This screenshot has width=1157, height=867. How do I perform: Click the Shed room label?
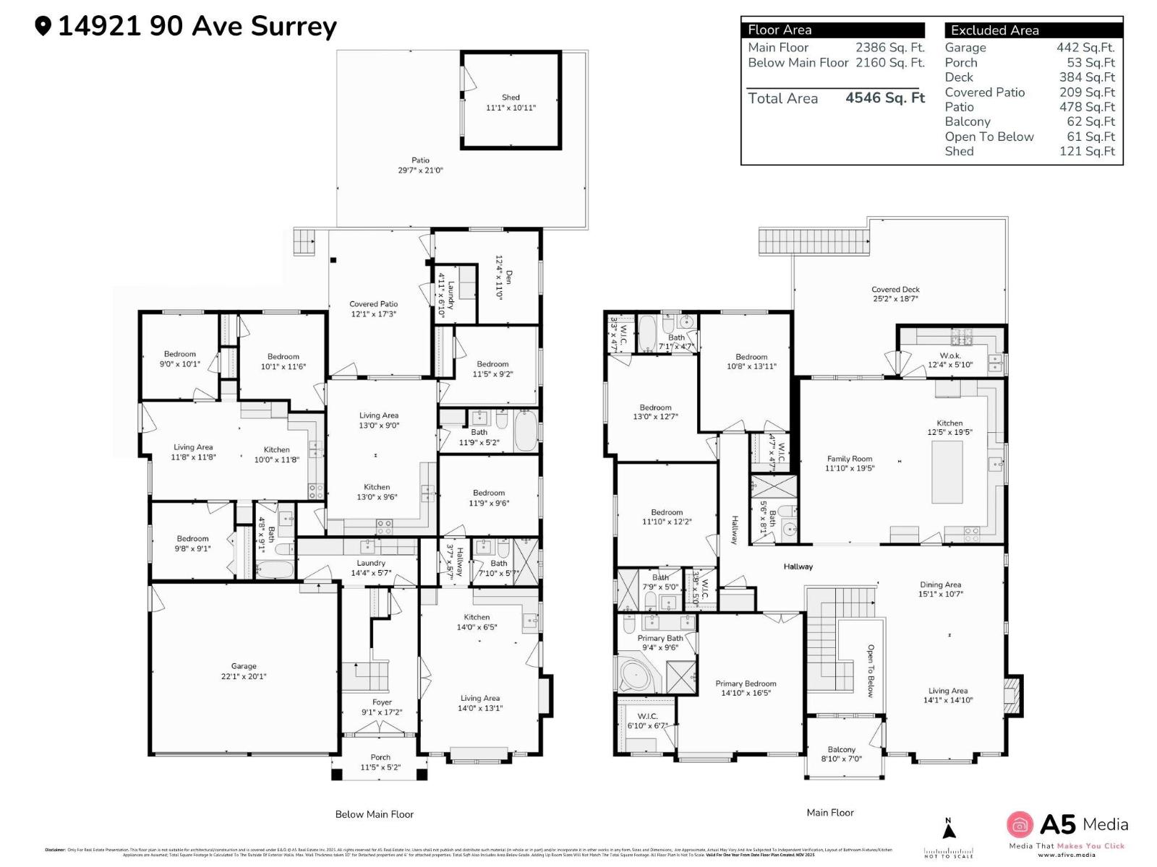pyautogui.click(x=511, y=102)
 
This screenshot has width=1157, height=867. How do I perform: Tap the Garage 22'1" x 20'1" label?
pyautogui.click(x=244, y=671)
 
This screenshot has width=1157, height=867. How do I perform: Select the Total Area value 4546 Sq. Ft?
pyautogui.click(x=885, y=98)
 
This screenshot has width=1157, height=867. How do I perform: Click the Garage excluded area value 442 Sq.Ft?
pyautogui.click(x=1085, y=48)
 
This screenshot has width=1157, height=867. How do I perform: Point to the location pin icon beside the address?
pyautogui.click(x=43, y=27)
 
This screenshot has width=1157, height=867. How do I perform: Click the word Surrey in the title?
pyautogui.click(x=294, y=27)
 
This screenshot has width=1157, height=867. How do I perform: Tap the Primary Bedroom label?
pyautogui.click(x=746, y=688)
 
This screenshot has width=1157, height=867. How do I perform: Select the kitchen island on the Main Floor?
pyautogui.click(x=947, y=471)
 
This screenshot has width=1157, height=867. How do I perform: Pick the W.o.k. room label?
pyautogui.click(x=950, y=360)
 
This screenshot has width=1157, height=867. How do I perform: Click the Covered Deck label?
pyautogui.click(x=895, y=293)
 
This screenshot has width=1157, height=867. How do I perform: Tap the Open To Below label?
pyautogui.click(x=871, y=670)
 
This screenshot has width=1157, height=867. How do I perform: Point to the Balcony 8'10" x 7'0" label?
pyautogui.click(x=841, y=754)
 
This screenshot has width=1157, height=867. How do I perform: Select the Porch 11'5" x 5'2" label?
pyautogui.click(x=380, y=762)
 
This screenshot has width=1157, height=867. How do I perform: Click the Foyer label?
pyautogui.click(x=382, y=707)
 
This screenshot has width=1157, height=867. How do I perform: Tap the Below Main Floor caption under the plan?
pyautogui.click(x=374, y=814)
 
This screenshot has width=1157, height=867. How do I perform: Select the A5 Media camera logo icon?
pyautogui.click(x=1020, y=824)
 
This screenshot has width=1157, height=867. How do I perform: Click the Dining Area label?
pyautogui.click(x=940, y=589)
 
